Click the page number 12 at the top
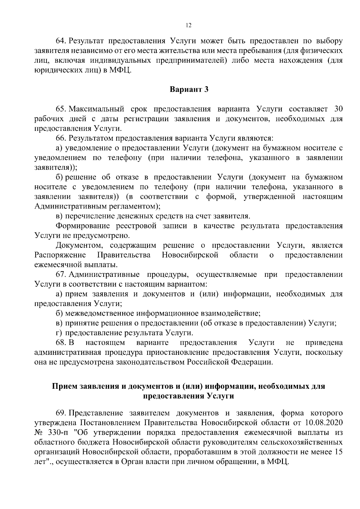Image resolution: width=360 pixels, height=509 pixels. point(189,25)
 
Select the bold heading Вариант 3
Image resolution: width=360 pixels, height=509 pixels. point(189,89)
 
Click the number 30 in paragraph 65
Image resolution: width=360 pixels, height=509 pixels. point(338,109)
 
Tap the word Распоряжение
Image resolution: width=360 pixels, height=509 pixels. point(60,255)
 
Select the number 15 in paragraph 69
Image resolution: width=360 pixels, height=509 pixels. point(338,452)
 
